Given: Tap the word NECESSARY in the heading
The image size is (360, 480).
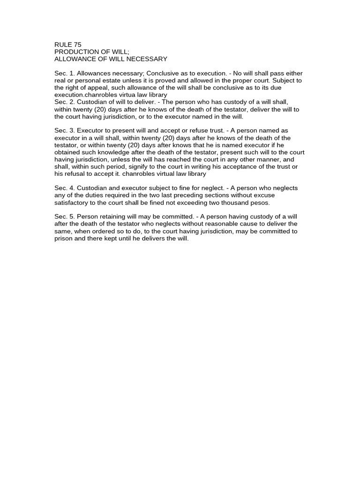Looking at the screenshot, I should [x=145, y=59].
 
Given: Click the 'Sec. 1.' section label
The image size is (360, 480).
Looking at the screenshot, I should [x=64, y=74].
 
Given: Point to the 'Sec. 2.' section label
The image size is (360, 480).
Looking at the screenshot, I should [x=64, y=102].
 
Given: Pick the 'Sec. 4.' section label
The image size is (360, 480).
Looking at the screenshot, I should [x=64, y=188].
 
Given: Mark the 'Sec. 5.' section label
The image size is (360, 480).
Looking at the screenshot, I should [x=64, y=217].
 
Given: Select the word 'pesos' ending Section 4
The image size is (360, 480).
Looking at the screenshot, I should [x=261, y=202].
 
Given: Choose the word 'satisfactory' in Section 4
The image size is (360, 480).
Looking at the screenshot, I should [x=72, y=202].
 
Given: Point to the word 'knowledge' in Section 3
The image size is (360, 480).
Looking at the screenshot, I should [x=117, y=152].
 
